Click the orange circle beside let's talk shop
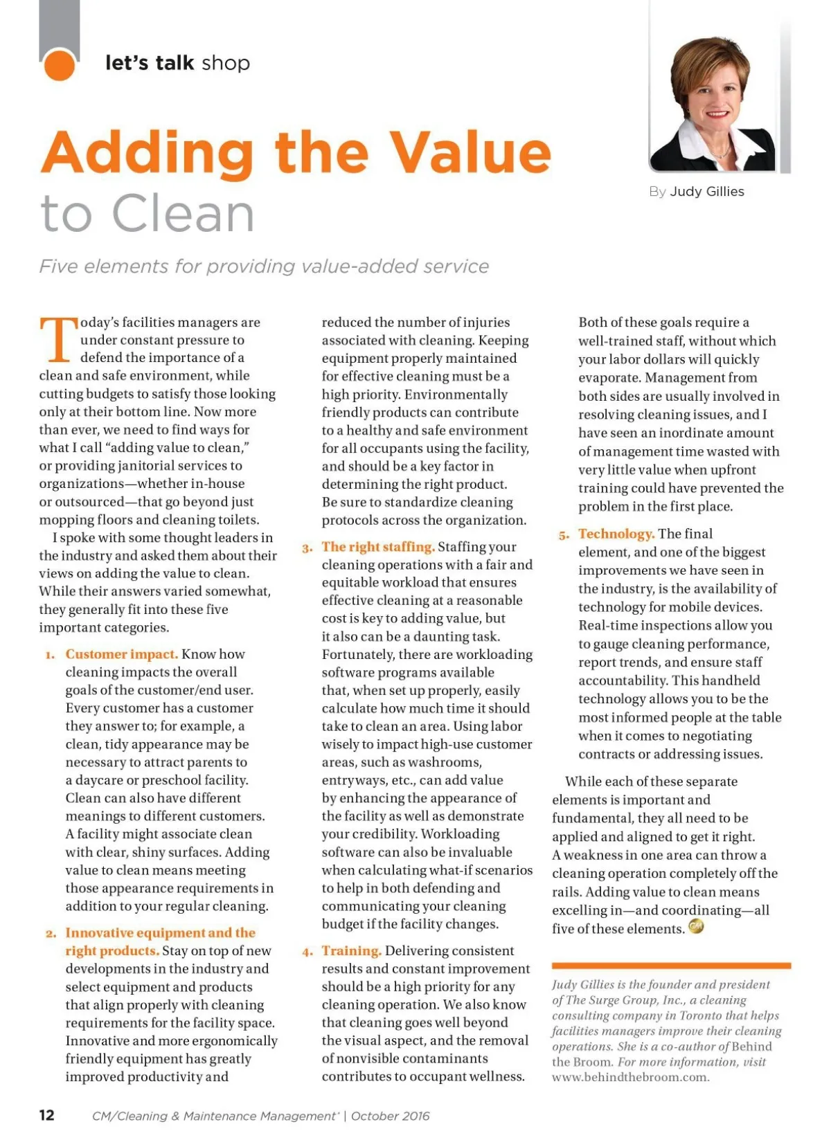pos(59,64)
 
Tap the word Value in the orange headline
pos(470,153)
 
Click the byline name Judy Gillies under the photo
pos(707,192)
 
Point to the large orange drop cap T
pos(57,340)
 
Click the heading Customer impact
pos(121,654)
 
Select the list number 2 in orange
pos(51,934)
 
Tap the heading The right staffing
pos(378,547)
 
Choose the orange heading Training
pos(351,951)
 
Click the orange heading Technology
pos(616,534)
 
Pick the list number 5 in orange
pos(564,535)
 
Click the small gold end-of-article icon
pos(696,926)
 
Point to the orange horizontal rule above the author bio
pos(671,965)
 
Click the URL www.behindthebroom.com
pos(630,1077)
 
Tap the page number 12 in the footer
pos(46,1115)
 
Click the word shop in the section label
pos(226,64)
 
